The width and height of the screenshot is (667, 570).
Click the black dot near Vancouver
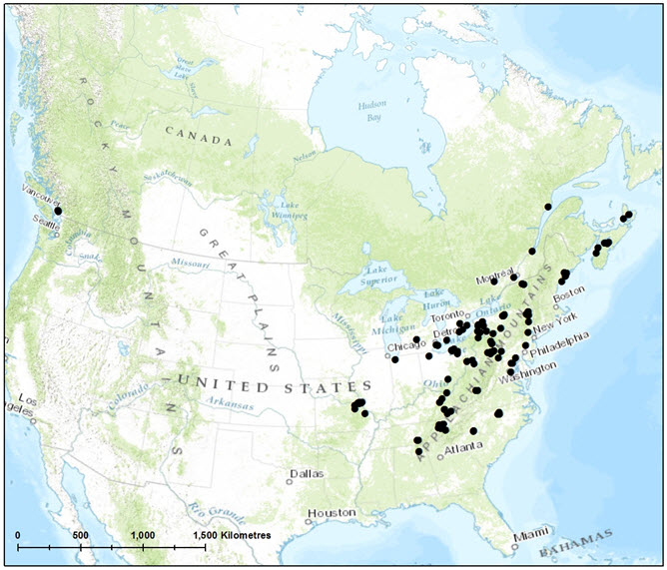(x=58, y=211)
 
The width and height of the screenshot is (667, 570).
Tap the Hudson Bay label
(x=373, y=111)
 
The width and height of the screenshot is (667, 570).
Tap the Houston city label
(x=332, y=513)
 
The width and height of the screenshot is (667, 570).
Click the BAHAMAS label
(x=576, y=543)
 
